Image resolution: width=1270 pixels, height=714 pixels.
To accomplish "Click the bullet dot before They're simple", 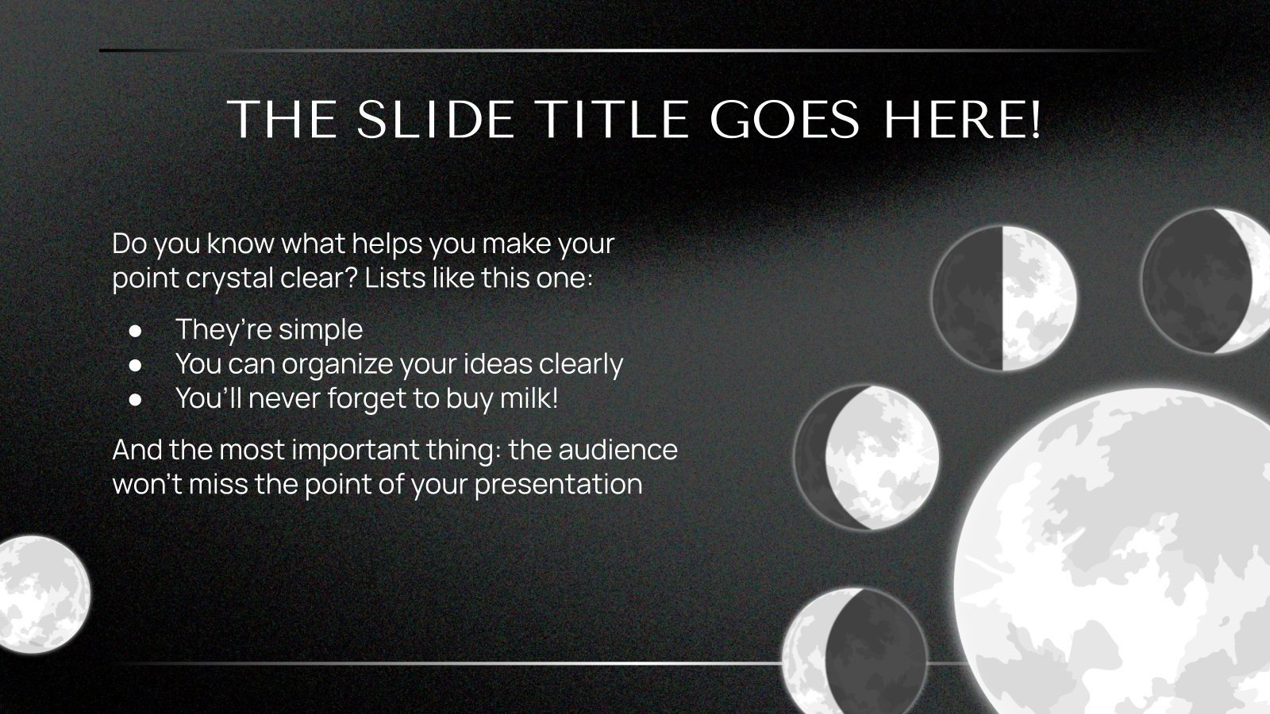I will [136, 329].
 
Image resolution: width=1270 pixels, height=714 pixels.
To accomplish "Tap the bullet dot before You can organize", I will [136, 364].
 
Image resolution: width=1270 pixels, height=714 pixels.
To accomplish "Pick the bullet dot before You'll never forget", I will [136, 399].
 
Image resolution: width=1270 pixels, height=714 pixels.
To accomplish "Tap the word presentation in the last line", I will [558, 484].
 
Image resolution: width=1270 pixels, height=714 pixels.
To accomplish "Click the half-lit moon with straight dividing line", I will [1003, 298].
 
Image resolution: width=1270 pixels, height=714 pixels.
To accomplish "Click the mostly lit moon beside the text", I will [867, 457].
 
